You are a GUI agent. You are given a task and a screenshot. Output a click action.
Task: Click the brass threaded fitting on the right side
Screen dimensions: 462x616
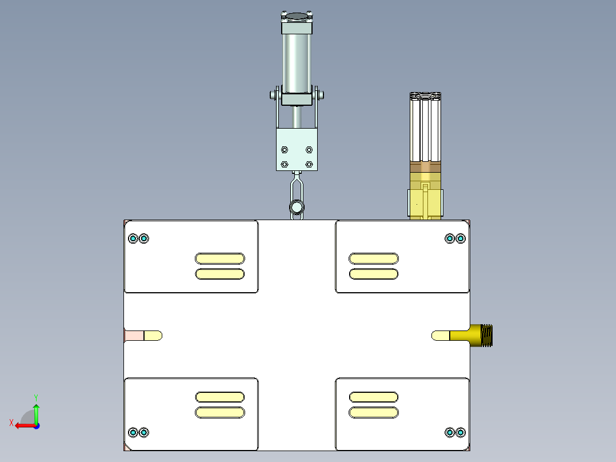pos(480,336)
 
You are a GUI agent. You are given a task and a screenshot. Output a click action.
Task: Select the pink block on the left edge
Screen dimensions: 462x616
pos(134,336)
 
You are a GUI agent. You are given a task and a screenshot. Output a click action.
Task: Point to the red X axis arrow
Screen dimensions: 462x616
pos(22,425)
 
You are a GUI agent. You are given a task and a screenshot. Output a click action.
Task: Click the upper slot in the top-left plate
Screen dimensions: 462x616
pos(219,258)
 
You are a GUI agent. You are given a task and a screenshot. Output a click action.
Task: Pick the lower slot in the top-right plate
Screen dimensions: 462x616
pos(374,274)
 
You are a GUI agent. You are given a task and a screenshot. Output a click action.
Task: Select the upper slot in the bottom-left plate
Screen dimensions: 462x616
pos(219,397)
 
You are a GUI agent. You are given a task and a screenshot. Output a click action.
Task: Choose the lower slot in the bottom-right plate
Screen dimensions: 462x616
pos(374,412)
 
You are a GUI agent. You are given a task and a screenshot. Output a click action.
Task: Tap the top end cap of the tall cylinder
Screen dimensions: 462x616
pos(297,27)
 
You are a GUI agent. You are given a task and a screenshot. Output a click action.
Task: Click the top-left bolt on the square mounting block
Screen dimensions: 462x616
pos(285,150)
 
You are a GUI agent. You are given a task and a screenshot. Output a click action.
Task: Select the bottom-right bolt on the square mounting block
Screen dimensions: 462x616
pos(309,164)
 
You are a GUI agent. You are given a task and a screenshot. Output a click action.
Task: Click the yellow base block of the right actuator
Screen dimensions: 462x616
pos(425,202)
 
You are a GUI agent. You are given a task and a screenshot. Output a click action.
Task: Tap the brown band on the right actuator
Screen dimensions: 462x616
pos(426,168)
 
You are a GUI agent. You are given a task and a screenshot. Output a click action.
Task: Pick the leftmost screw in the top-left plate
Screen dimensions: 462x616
pos(134,238)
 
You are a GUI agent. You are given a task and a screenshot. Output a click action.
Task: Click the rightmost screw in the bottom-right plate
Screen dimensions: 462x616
pos(460,432)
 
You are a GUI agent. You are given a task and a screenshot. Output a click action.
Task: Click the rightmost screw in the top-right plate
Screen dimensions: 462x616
pos(460,238)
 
